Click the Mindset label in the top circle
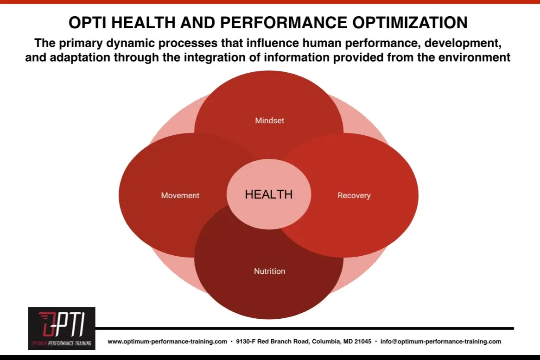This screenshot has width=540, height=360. (x=270, y=120)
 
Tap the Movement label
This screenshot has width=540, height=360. (x=180, y=196)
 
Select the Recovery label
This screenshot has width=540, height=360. (x=354, y=196)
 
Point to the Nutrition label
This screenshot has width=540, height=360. (x=270, y=271)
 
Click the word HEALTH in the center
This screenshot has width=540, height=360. (x=269, y=195)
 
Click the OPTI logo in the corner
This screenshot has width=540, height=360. (x=62, y=328)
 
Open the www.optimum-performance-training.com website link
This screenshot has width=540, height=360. (x=167, y=341)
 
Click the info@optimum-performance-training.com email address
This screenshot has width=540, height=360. (x=441, y=341)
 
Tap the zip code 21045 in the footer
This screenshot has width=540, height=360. (x=363, y=341)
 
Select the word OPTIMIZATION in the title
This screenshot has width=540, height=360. (x=410, y=23)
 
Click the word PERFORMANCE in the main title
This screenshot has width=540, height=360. (x=283, y=23)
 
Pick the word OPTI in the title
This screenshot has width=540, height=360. (x=88, y=23)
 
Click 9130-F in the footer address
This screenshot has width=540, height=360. (x=246, y=341)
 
